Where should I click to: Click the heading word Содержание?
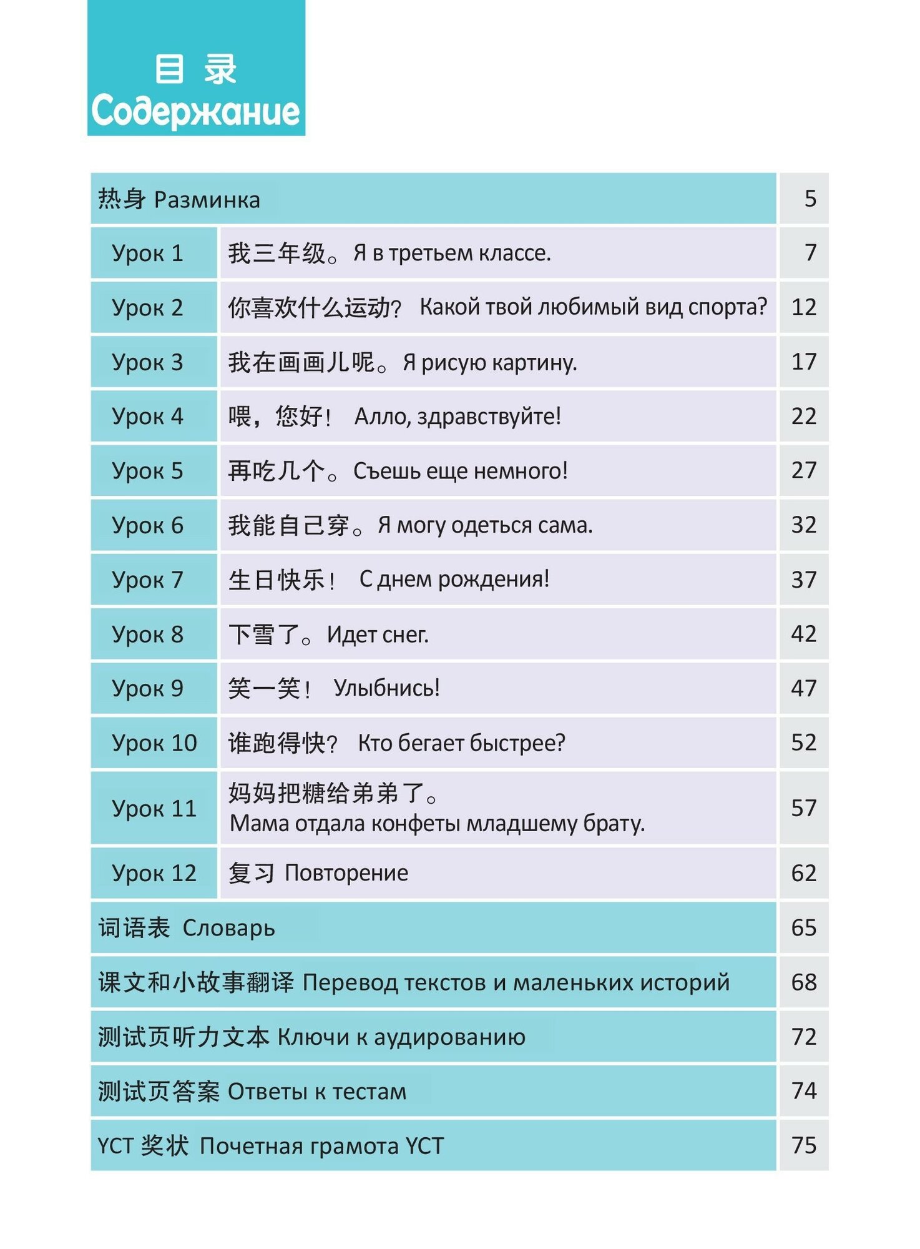[195, 111]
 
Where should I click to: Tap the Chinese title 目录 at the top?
[195, 69]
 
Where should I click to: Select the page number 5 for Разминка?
[810, 199]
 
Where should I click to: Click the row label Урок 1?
[147, 253]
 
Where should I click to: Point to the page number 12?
[803, 307]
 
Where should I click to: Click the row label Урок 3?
[147, 362]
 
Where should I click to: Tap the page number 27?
[803, 470]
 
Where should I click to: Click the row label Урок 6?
[147, 525]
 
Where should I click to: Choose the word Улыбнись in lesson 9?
[386, 688]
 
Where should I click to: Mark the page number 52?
[803, 743]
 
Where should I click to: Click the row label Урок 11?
[154, 809]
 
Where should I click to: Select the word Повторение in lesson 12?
[346, 872]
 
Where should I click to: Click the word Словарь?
[228, 928]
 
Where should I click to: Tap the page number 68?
[803, 982]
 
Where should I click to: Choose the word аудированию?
[449, 1037]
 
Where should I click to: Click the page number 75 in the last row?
[803, 1145]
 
